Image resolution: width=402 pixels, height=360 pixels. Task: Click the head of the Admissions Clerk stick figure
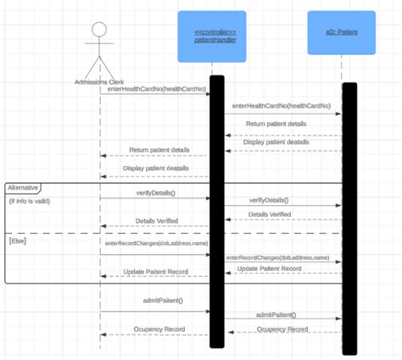click(99, 30)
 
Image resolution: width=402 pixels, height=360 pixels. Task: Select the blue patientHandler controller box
click(211, 36)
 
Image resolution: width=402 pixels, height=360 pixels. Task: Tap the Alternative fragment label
click(23, 186)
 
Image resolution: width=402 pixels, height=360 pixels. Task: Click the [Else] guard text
click(20, 241)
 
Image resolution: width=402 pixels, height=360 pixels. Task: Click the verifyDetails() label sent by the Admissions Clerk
click(155, 194)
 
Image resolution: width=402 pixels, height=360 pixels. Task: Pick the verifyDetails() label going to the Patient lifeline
click(269, 200)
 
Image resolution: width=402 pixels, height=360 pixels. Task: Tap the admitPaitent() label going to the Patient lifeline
click(282, 315)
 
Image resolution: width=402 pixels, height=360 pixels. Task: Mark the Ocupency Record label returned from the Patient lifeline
click(282, 329)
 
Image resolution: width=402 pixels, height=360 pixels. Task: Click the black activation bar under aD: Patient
click(349, 218)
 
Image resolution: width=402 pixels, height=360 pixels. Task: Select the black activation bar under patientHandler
click(217, 212)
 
